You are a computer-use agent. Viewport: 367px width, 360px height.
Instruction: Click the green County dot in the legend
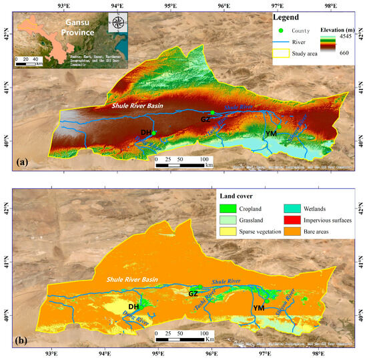point(280,31)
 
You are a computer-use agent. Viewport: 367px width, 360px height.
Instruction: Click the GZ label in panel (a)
point(206,119)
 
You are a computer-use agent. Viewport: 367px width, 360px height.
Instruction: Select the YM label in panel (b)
point(258,308)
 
